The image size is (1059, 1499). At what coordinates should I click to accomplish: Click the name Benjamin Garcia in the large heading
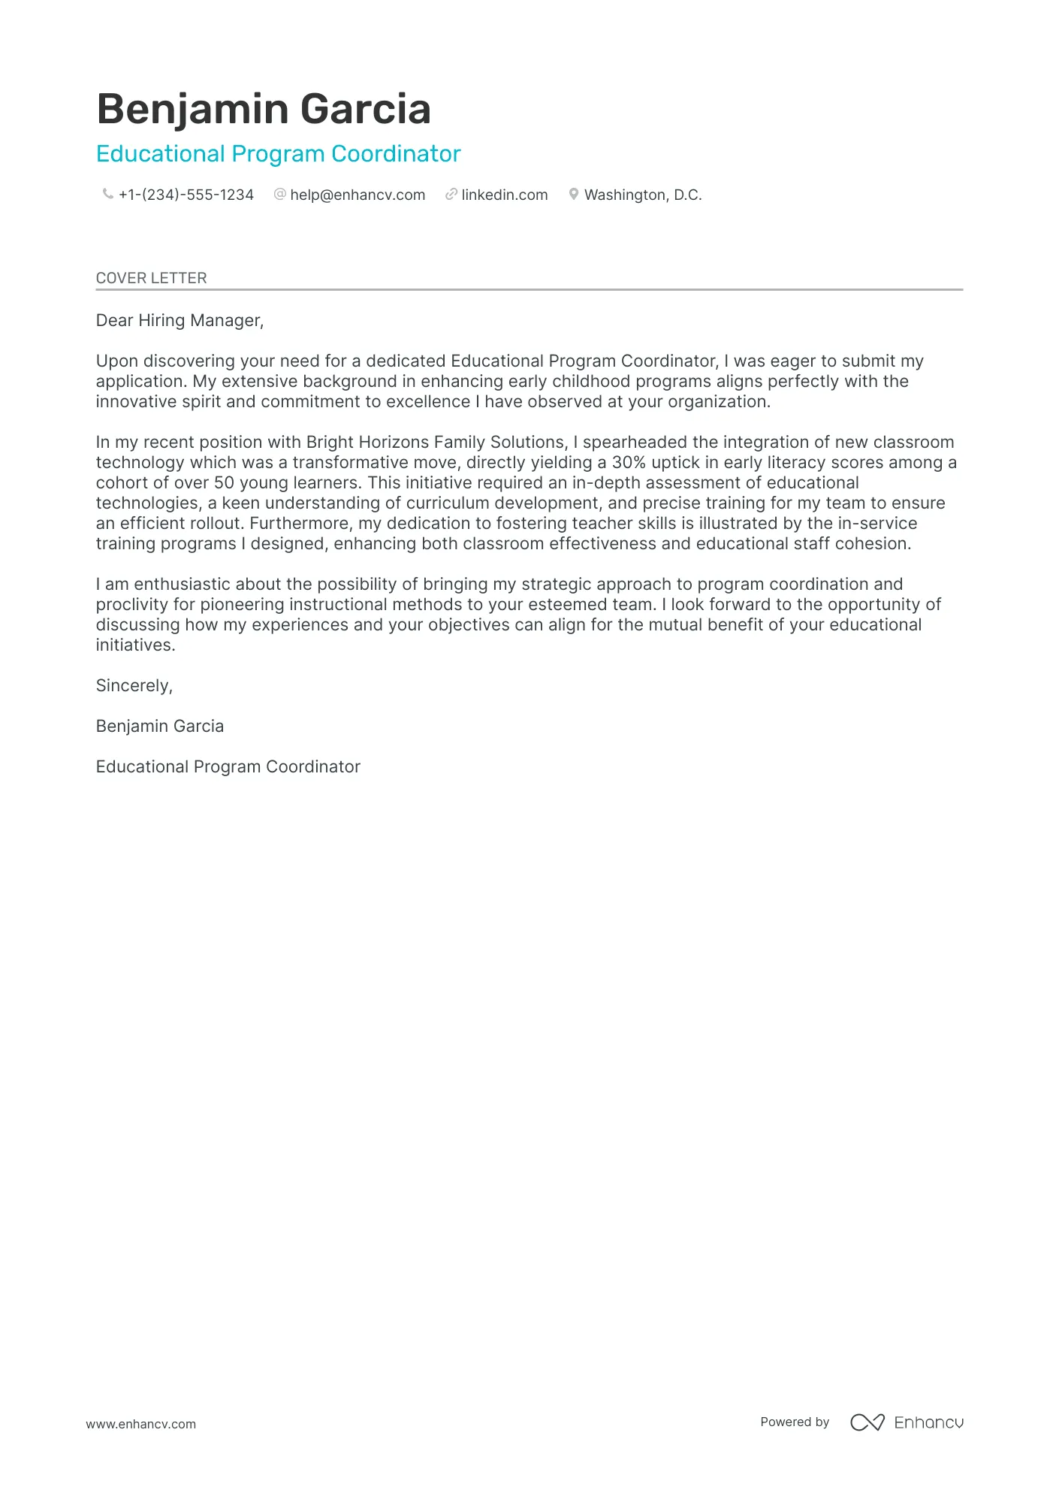pyautogui.click(x=264, y=109)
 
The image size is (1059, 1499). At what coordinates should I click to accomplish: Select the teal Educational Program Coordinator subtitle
pyautogui.click(x=278, y=154)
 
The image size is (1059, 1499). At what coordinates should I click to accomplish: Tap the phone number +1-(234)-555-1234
pyautogui.click(x=186, y=195)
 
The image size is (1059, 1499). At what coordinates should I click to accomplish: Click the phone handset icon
pyautogui.click(x=107, y=195)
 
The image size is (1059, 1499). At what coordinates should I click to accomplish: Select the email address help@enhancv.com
pyautogui.click(x=358, y=195)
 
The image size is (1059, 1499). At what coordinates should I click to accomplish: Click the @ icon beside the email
pyautogui.click(x=280, y=195)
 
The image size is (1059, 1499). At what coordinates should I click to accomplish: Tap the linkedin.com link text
pyautogui.click(x=505, y=195)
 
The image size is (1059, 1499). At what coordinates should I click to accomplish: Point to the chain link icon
pyautogui.click(x=451, y=195)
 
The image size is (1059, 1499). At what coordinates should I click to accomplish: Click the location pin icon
pyautogui.click(x=574, y=195)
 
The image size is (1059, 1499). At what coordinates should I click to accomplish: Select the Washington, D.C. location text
pyautogui.click(x=643, y=195)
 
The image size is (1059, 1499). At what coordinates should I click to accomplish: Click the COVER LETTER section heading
pyautogui.click(x=151, y=278)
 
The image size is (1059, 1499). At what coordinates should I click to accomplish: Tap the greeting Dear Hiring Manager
pyautogui.click(x=180, y=321)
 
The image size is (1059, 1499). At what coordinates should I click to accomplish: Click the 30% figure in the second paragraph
pyautogui.click(x=629, y=463)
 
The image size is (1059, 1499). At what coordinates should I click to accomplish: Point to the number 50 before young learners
pyautogui.click(x=224, y=483)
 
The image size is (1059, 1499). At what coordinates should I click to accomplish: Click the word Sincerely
pyautogui.click(x=134, y=686)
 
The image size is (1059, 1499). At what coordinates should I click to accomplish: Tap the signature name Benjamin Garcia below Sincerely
pyautogui.click(x=160, y=727)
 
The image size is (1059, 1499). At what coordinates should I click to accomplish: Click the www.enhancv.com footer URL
pyautogui.click(x=140, y=1424)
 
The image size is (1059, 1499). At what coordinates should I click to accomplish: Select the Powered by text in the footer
pyautogui.click(x=795, y=1422)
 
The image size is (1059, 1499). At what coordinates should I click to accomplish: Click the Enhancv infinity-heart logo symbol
pyautogui.click(x=867, y=1422)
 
